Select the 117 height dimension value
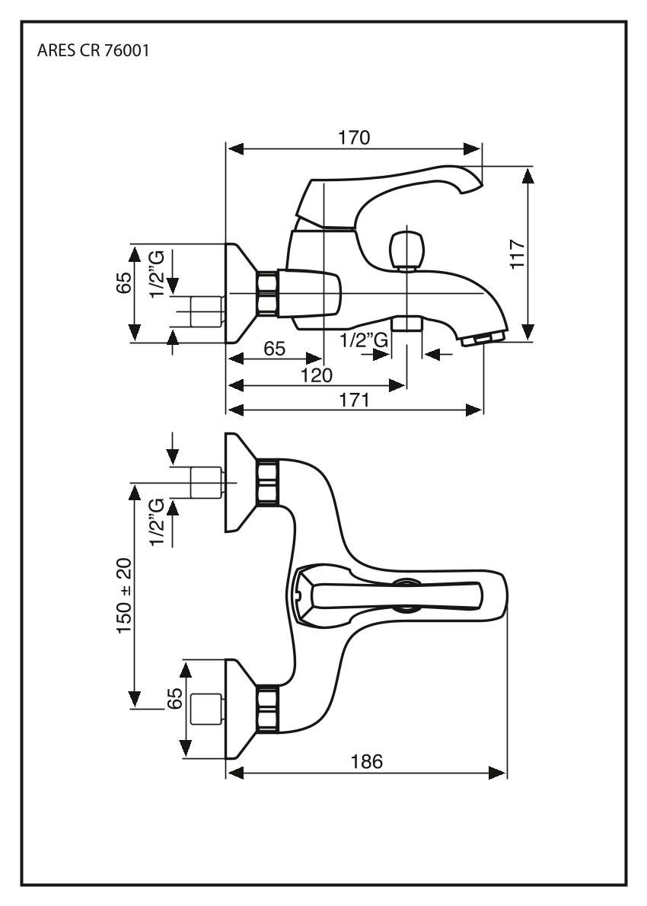click(518, 253)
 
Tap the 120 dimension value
click(317, 375)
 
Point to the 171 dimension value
click(354, 400)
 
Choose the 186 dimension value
click(367, 761)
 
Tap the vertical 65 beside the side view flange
click(123, 283)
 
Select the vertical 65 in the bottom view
click(174, 700)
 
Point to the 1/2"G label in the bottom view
click(157, 522)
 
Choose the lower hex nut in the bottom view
click(267, 709)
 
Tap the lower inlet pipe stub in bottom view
click(206, 710)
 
